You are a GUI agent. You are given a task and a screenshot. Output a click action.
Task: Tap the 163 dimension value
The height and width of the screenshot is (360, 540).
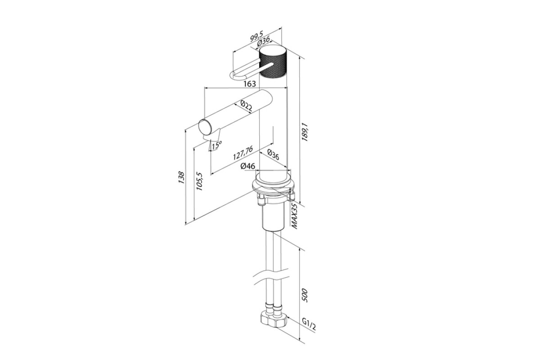tap(249, 84)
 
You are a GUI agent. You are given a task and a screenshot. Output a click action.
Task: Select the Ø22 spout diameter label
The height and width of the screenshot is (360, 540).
tap(246, 106)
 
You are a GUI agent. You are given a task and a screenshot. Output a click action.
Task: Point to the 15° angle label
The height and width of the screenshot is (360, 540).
tap(216, 145)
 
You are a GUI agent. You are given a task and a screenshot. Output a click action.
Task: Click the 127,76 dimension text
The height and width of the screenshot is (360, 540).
tap(243, 153)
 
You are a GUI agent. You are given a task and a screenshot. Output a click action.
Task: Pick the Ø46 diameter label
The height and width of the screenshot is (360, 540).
tap(248, 166)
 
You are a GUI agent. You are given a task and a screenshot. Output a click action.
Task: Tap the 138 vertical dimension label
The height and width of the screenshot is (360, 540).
tap(181, 177)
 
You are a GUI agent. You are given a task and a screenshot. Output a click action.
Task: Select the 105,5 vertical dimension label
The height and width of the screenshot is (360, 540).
tap(200, 181)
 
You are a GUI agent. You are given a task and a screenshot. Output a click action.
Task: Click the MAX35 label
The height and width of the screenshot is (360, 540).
tap(295, 216)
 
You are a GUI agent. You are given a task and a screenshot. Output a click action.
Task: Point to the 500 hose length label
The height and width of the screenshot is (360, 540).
tap(305, 295)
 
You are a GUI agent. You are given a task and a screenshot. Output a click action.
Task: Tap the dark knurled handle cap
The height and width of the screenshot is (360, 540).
tap(273, 65)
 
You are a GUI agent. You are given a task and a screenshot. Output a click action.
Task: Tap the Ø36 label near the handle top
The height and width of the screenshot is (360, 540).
tap(264, 42)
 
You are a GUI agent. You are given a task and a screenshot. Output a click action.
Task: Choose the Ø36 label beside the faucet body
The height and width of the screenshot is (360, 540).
tap(273, 154)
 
